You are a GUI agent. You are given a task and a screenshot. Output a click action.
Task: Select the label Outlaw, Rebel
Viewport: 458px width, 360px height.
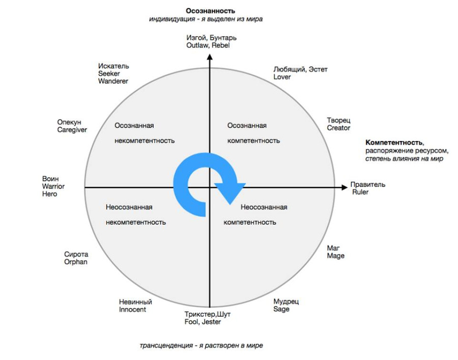[208, 45]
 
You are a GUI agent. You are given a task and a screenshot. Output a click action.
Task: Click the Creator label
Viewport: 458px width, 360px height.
[338, 128]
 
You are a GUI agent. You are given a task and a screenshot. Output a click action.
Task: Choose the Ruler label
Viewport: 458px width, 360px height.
[362, 192]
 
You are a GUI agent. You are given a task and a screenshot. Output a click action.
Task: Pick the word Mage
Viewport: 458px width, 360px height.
[335, 256]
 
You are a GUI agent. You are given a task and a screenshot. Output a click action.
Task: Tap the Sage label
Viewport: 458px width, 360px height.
[281, 309]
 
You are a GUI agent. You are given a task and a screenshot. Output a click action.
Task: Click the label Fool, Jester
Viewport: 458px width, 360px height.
[203, 322]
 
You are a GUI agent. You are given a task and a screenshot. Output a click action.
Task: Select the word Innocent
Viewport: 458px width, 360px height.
[132, 310]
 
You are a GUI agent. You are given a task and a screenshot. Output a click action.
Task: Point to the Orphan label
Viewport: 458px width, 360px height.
[76, 262]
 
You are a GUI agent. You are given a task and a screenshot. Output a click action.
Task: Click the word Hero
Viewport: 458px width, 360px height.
[50, 195]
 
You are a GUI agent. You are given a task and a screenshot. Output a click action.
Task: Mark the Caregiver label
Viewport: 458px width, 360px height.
[72, 130]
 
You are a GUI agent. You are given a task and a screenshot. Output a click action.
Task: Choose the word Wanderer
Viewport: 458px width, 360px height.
[113, 81]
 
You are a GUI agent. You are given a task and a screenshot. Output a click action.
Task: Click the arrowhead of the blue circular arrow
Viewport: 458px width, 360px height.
[230, 192]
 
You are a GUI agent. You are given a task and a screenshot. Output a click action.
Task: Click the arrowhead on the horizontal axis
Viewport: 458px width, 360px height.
[343, 188]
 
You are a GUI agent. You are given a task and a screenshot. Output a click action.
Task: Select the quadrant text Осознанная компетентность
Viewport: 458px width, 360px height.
[253, 133]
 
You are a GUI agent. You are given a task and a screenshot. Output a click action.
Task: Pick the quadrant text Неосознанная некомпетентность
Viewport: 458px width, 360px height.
[136, 214]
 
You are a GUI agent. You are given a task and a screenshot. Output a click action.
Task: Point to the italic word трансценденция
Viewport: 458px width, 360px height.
[163, 346]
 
